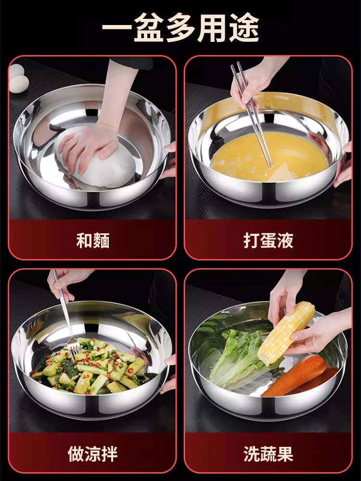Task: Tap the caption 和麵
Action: click(x=93, y=240)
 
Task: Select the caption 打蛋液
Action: click(x=268, y=240)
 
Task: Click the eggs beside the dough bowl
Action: click(x=16, y=79)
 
